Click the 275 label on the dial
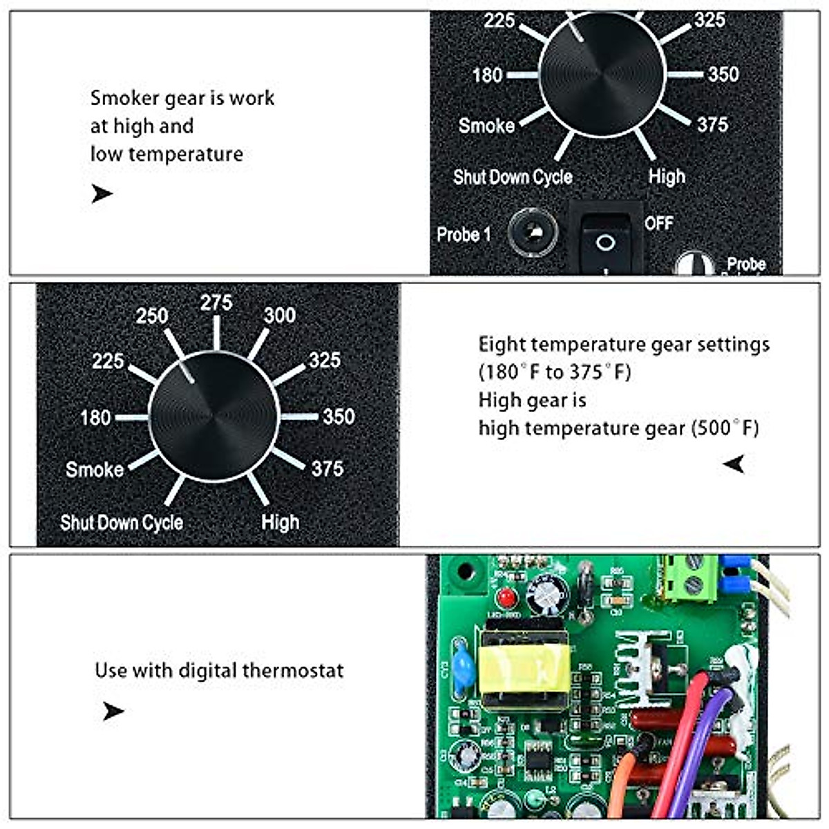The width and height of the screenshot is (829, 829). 216,303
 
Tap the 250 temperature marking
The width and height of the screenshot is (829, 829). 152,316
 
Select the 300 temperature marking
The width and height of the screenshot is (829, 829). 280,315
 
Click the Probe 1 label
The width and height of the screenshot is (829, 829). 464,235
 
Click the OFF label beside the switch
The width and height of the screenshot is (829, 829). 658,223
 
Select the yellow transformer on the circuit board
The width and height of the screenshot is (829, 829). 524,663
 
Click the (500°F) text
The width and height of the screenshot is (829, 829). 725,428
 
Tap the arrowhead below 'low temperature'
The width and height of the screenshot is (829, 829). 102,194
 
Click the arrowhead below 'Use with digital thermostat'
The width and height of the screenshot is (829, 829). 113,711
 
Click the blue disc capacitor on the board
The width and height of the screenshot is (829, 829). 462,663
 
